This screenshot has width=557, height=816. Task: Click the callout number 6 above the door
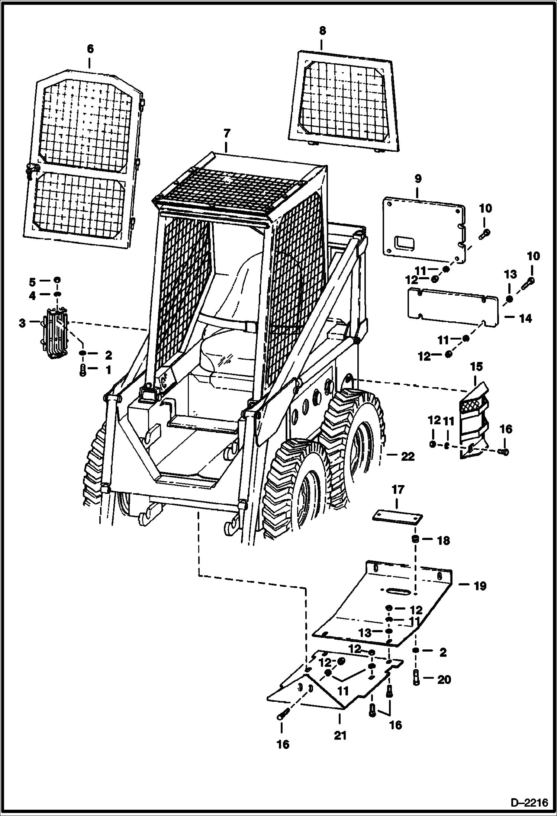(x=90, y=49)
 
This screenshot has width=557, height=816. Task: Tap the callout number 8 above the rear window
(x=322, y=31)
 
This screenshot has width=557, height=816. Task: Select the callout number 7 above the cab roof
(x=227, y=133)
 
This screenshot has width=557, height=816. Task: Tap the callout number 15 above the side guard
(x=476, y=367)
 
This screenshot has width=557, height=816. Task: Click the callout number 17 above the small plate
(x=397, y=490)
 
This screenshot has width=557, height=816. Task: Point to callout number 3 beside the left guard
(x=22, y=323)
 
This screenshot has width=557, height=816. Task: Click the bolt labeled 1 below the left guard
(x=83, y=370)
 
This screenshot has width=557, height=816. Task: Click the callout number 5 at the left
(x=33, y=282)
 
